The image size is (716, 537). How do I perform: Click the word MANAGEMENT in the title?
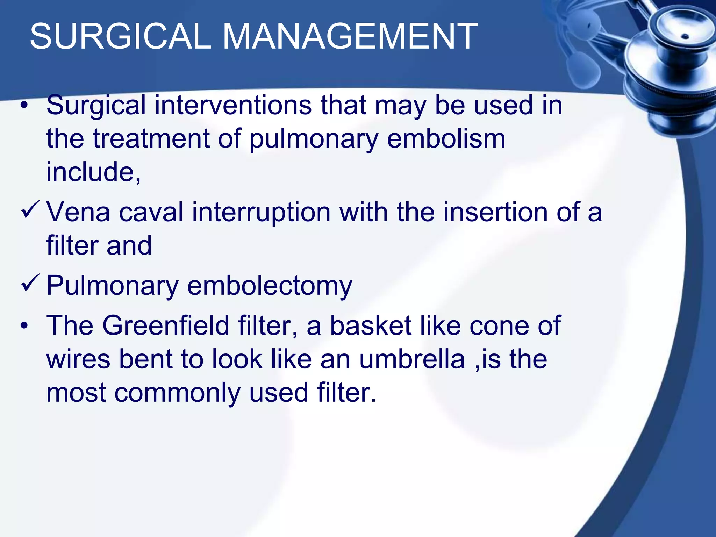tap(350, 36)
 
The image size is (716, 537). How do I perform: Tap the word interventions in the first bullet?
tap(233, 105)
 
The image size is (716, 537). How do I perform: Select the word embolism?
tap(446, 139)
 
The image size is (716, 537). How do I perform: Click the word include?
tap(94, 172)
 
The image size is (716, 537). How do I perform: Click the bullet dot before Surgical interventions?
tap(24, 106)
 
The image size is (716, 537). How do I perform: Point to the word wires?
tap(78, 359)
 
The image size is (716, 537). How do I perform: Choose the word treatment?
tap(151, 139)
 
